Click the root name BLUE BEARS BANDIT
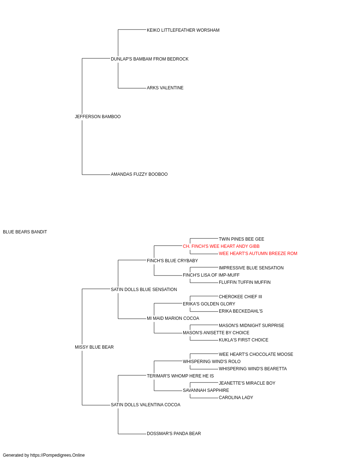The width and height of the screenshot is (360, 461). tap(25, 232)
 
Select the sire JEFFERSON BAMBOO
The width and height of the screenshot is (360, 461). tap(98, 117)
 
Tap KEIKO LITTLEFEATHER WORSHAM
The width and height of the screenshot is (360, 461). tap(183, 30)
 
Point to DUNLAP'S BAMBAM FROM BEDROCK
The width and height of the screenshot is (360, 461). tap(150, 59)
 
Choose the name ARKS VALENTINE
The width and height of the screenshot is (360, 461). tap(165, 88)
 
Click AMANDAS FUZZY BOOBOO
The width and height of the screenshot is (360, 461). tap(139, 174)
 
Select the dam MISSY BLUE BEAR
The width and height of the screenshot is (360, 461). tap(94, 347)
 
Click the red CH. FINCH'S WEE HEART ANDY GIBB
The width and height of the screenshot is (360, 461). tap(221, 246)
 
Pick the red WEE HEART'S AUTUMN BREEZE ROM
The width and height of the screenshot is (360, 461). tap(258, 254)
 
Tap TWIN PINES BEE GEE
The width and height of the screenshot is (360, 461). tap(242, 239)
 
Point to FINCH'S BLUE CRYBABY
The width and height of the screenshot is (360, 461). tap(172, 261)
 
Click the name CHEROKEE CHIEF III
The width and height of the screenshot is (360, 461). tap(240, 297)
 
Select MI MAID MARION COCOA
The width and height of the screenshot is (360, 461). tap(173, 318)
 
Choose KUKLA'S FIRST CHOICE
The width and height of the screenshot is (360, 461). tap(244, 340)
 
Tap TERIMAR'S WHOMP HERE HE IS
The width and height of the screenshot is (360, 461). tap(180, 376)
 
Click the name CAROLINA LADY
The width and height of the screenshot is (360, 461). tap(236, 398)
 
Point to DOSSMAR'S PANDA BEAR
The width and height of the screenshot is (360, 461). tap(174, 434)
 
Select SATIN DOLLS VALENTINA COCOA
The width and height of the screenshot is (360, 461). tap(146, 405)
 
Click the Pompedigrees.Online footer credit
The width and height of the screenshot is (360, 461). tap(44, 455)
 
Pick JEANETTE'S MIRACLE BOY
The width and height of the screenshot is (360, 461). tap(247, 383)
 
